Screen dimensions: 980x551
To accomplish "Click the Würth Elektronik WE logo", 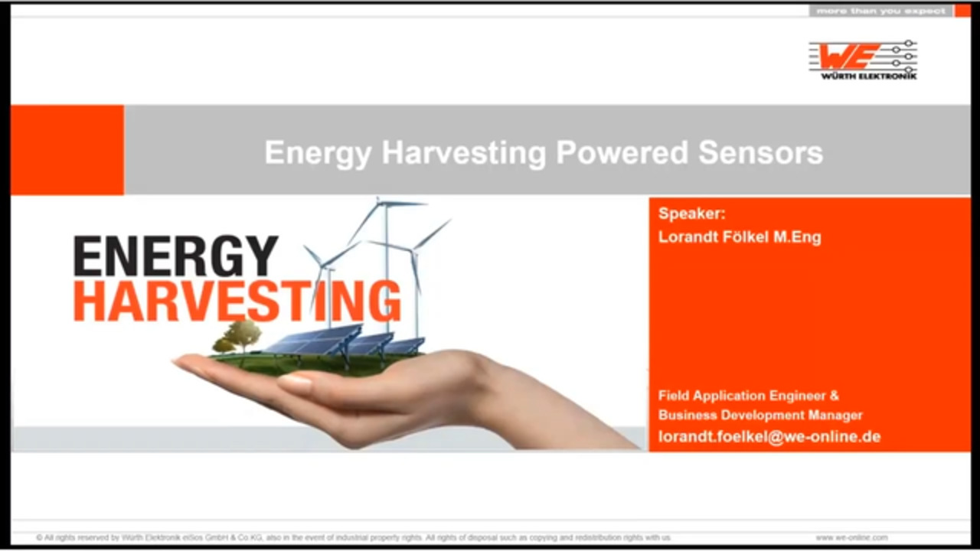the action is (863, 60).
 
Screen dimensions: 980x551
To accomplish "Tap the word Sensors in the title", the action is (760, 152).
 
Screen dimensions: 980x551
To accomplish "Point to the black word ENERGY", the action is (175, 256).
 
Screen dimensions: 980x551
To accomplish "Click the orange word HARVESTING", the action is (237, 302).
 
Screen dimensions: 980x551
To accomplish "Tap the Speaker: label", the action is (691, 214).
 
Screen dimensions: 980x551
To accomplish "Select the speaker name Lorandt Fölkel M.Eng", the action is (740, 237).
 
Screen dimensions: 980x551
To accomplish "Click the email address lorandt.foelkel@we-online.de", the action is (769, 437).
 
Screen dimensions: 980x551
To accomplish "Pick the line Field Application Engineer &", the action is (749, 396).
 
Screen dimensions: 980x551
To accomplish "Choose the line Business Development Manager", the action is (760, 415).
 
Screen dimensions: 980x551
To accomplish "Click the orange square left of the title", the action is (67, 149).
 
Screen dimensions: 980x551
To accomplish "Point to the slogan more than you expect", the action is (880, 11).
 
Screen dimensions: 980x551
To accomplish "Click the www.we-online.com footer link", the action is (851, 537).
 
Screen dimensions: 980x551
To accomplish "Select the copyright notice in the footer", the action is (353, 537).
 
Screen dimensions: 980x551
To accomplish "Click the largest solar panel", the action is (314, 339).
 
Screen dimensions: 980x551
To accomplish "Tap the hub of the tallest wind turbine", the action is (387, 204).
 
